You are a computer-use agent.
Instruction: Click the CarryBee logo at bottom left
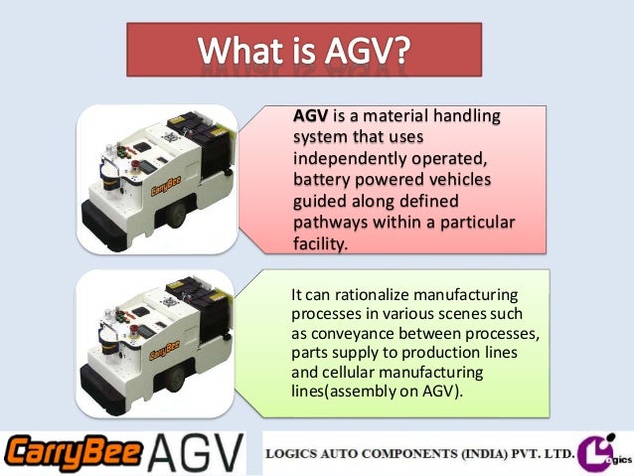pyautogui.click(x=72, y=454)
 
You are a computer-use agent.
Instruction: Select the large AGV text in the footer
pyautogui.click(x=195, y=454)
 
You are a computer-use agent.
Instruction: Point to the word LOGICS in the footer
pyautogui.click(x=299, y=454)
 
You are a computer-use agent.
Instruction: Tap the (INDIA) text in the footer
pyautogui.click(x=488, y=454)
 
